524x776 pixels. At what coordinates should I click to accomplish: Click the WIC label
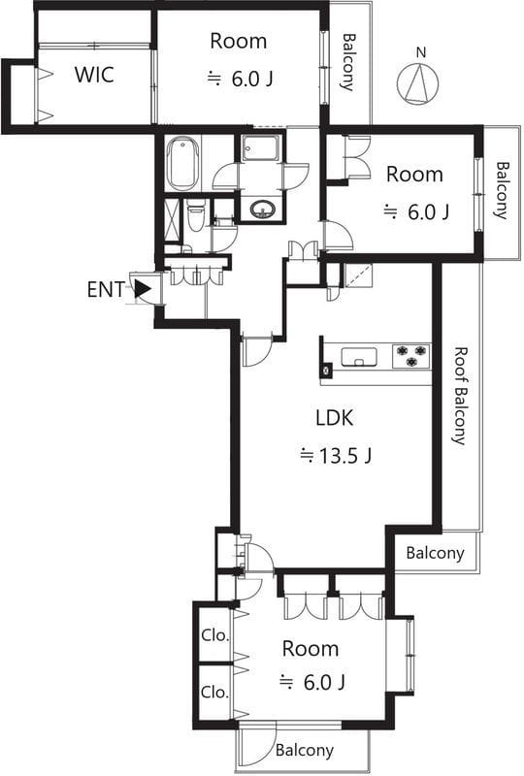[x=94, y=75]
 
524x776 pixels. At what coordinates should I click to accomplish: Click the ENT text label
[x=106, y=289]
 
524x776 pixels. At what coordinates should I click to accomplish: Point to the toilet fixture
[x=196, y=215]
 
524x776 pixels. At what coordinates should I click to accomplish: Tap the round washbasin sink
[x=262, y=210]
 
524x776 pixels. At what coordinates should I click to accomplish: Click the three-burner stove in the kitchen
[x=410, y=356]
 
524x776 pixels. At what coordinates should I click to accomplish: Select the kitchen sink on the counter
[x=359, y=357]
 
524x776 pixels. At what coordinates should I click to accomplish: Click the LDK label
[x=335, y=418]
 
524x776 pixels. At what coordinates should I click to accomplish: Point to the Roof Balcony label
[x=461, y=396]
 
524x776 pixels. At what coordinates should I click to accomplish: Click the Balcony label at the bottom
[x=304, y=750]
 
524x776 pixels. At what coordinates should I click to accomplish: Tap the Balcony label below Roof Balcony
[x=435, y=553]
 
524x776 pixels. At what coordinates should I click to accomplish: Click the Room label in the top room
[x=239, y=41]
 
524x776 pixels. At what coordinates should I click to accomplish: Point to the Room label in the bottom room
[x=311, y=648]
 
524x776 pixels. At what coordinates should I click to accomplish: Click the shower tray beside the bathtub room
[x=261, y=147]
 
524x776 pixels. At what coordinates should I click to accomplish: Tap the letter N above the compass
[x=421, y=52]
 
